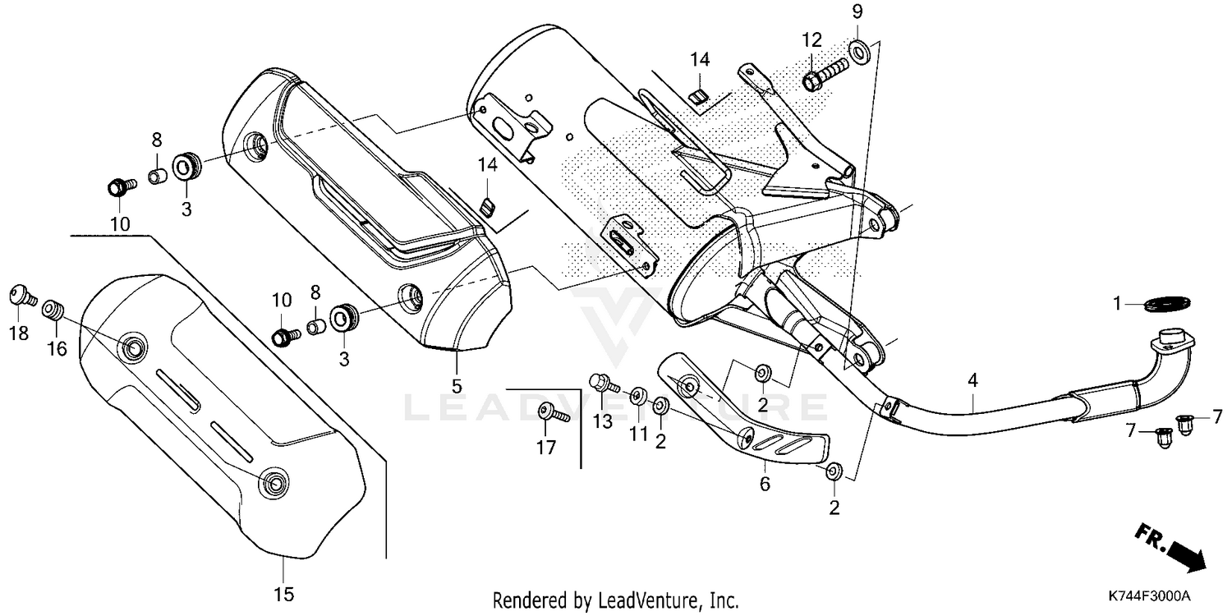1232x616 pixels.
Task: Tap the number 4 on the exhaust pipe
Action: (972, 380)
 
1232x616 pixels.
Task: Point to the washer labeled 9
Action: (857, 49)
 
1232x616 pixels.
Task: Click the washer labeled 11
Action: (638, 398)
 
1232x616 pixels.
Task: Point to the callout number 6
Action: (765, 484)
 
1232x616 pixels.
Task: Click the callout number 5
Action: (457, 384)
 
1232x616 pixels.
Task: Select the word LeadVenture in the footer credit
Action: (650, 600)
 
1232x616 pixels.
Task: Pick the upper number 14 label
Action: (699, 59)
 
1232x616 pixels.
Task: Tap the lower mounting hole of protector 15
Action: (271, 484)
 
